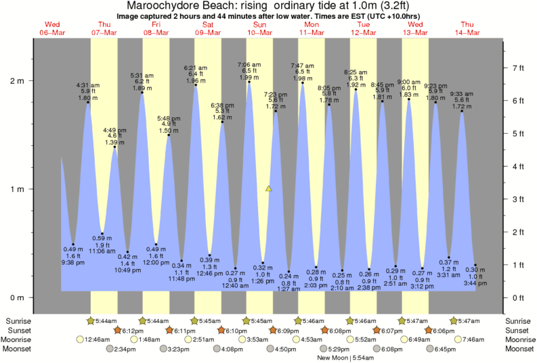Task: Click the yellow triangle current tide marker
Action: [x=269, y=189]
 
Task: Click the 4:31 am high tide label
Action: [x=87, y=85]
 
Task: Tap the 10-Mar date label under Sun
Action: [x=260, y=32]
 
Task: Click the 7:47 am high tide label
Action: [x=302, y=66]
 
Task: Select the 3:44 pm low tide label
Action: [x=475, y=283]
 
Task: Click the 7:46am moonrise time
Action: [x=477, y=339]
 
